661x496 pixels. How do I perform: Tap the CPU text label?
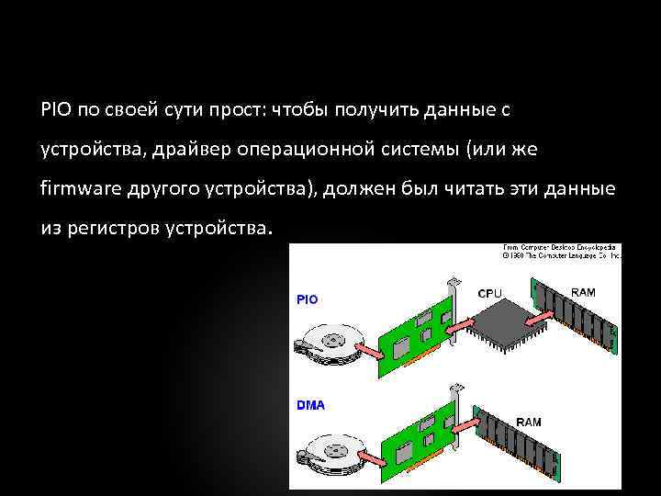[490, 293]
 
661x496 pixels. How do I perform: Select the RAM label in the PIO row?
[583, 292]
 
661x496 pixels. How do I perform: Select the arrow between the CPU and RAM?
[542, 320]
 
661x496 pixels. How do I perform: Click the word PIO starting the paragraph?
[54, 110]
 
